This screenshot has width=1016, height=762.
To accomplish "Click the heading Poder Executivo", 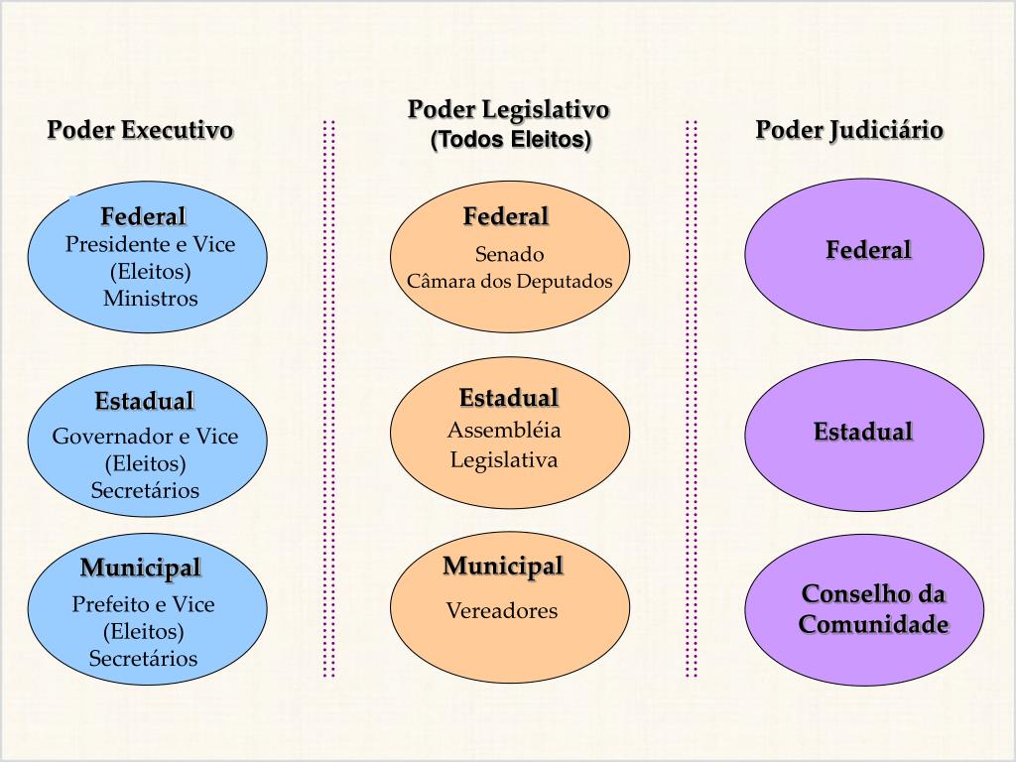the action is tap(140, 130).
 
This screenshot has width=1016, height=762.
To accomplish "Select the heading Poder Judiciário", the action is tap(848, 130).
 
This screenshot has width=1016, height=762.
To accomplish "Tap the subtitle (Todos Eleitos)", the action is tap(510, 140).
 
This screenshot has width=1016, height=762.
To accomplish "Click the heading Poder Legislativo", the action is tap(508, 109).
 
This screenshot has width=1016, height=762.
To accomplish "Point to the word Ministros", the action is tap(150, 298).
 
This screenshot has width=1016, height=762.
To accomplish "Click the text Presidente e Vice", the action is tap(150, 244).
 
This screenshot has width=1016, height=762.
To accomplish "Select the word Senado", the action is tap(509, 254).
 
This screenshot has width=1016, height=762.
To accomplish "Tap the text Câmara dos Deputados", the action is tap(509, 281).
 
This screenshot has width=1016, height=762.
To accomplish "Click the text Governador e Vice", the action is tap(145, 437).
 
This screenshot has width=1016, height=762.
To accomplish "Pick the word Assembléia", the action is tap(504, 430).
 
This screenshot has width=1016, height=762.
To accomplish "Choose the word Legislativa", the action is tap(504, 459).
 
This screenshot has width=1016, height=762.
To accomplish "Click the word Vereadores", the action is tap(501, 610).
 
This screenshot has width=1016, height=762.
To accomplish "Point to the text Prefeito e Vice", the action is tap(143, 604).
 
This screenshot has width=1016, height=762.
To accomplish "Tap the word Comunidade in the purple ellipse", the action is tap(873, 625).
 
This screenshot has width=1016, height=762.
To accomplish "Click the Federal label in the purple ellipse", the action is tap(868, 250).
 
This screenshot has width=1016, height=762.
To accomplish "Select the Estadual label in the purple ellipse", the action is tap(863, 432).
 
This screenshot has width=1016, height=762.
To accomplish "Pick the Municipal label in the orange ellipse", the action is tap(503, 567).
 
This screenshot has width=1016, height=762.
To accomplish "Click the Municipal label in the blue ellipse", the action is tap(141, 569).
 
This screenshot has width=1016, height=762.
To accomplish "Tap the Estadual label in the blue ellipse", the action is tap(145, 402).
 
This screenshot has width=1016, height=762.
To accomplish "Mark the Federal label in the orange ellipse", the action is tap(506, 216).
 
